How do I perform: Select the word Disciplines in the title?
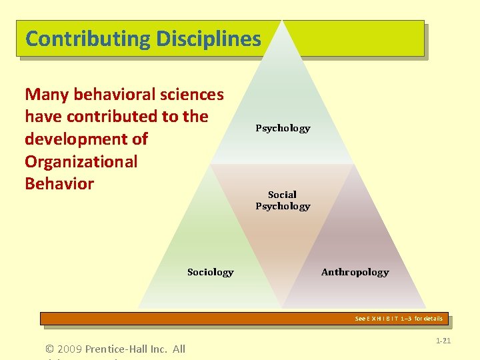[x=209, y=39]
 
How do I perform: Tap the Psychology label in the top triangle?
[x=283, y=128]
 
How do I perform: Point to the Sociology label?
[x=210, y=272]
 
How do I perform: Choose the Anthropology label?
[x=355, y=272]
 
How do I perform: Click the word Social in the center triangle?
[x=282, y=195]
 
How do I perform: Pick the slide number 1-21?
[x=443, y=341]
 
